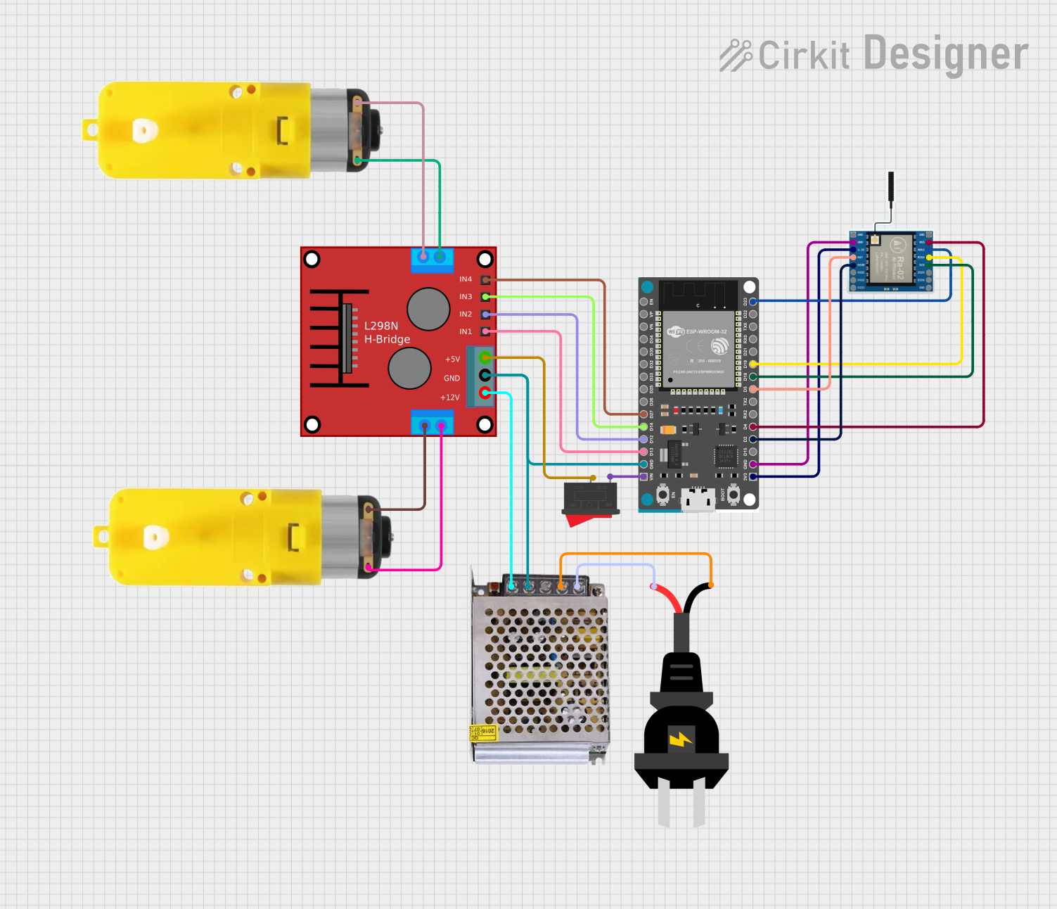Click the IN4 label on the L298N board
[x=466, y=279]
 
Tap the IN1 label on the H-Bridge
[x=466, y=331]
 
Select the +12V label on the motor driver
[x=450, y=398]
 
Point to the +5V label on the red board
[x=452, y=359]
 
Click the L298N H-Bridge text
[x=387, y=333]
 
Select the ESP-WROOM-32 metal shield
[x=698, y=348]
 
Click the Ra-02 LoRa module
[x=891, y=261]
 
